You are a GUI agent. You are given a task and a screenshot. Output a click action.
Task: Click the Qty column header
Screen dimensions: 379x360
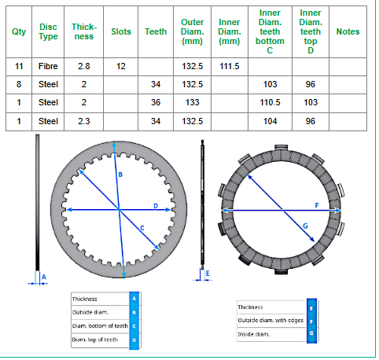click(x=19, y=31)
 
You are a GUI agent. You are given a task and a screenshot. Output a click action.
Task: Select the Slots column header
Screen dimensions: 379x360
click(x=121, y=31)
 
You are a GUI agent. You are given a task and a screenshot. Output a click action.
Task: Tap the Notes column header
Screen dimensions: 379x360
click(x=348, y=31)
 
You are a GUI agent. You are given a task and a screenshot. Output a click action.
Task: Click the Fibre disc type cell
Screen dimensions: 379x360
click(x=48, y=66)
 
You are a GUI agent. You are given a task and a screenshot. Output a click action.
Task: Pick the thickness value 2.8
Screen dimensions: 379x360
click(x=84, y=66)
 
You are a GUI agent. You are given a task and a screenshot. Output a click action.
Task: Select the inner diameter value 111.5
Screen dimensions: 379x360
click(x=230, y=66)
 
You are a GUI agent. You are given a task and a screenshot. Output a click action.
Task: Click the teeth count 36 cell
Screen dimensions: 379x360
click(x=156, y=102)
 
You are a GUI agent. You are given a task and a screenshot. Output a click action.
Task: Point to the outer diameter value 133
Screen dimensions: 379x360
click(x=192, y=102)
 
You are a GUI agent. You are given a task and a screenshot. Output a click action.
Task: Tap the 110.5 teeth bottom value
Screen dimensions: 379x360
click(x=270, y=102)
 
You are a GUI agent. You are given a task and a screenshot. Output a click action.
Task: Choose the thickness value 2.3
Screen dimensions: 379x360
click(x=84, y=121)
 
